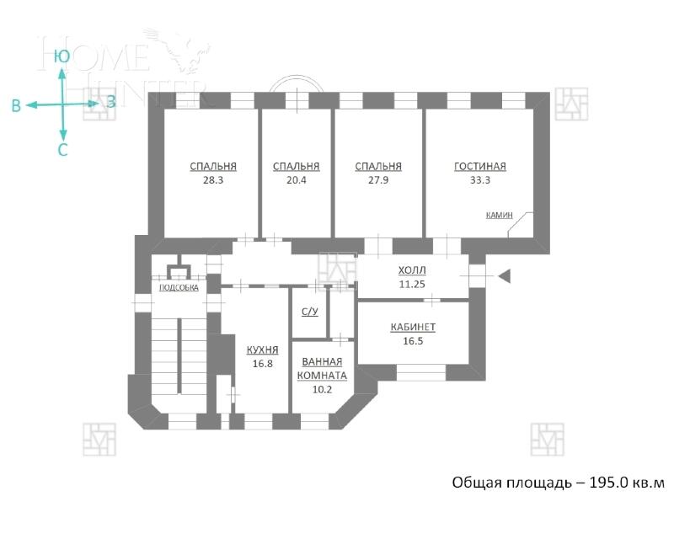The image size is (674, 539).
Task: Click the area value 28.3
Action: click(213, 180)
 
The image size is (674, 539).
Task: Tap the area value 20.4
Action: click(297, 180)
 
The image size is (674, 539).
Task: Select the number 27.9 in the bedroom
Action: click(378, 180)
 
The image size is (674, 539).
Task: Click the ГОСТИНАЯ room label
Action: click(480, 167)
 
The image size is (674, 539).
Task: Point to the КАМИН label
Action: click(499, 215)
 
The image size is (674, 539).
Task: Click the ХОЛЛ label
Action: click(412, 270)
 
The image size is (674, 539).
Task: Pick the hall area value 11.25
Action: click(412, 284)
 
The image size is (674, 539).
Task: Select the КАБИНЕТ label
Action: click(413, 327)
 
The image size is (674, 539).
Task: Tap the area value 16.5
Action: click(413, 341)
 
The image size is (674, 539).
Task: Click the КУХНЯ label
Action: click(263, 350)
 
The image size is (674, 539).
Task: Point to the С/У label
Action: click(309, 312)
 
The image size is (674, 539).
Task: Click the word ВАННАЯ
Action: click(322, 361)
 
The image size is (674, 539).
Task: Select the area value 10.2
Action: click(322, 390)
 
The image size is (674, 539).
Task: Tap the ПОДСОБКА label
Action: click(179, 287)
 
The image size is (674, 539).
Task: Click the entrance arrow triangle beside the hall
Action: click(505, 276)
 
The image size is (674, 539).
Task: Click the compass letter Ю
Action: click(62, 56)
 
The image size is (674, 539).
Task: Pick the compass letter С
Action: click(62, 150)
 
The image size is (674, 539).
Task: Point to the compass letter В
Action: click(16, 106)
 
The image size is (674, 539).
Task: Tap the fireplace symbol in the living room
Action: click(521, 225)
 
